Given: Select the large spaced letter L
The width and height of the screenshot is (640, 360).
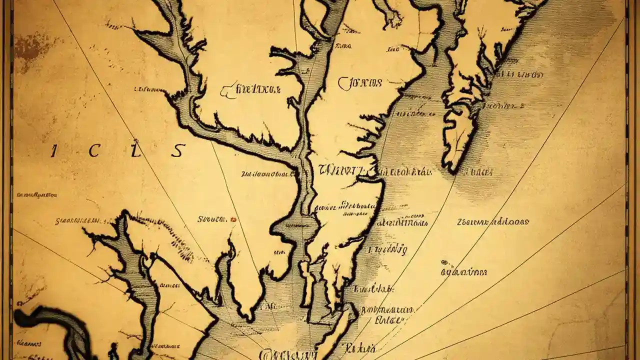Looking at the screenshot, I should [x=133, y=151].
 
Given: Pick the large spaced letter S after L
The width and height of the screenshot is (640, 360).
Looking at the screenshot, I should [x=177, y=150].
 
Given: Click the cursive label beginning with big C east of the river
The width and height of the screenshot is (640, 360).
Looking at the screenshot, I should [x=360, y=83].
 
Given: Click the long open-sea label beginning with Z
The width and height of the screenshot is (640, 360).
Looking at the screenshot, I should [x=492, y=221].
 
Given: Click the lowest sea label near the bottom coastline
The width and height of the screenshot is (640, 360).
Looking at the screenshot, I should [x=359, y=347].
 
